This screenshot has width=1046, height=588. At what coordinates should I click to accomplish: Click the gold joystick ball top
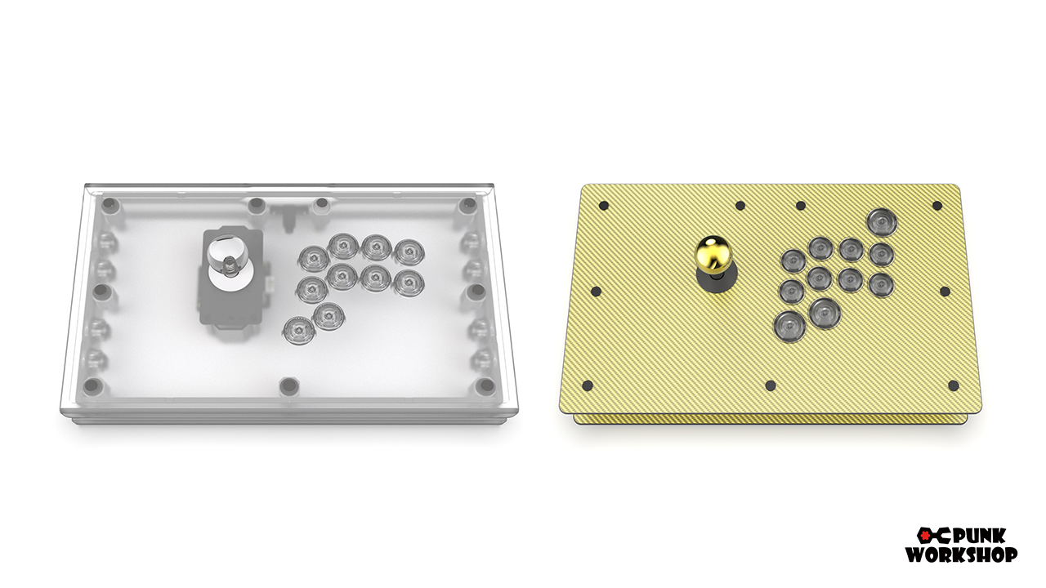pyautogui.click(x=714, y=253)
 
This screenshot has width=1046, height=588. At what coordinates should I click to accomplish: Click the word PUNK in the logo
pyautogui.click(x=979, y=537)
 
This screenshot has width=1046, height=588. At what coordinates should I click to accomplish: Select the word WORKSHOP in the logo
pyautogui.click(x=962, y=555)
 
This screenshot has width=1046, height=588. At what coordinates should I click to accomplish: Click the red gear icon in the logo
pyautogui.click(x=924, y=537)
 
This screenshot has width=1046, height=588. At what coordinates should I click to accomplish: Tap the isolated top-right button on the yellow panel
pyautogui.click(x=882, y=223)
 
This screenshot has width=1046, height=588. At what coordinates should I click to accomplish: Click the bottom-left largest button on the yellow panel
pyautogui.click(x=789, y=326)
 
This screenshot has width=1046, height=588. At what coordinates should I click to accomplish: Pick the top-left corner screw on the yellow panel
pyautogui.click(x=604, y=205)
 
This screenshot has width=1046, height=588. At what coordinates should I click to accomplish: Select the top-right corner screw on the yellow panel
pyautogui.click(x=936, y=205)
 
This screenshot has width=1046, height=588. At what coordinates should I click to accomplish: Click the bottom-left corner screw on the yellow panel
pyautogui.click(x=588, y=385)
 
